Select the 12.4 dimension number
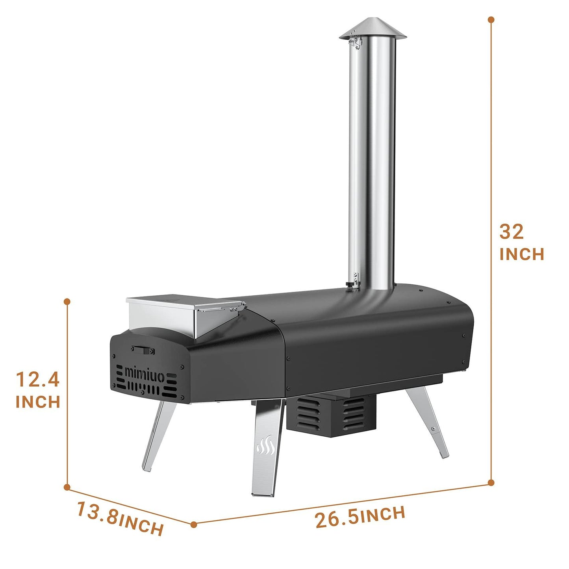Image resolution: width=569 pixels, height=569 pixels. point(37,380)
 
